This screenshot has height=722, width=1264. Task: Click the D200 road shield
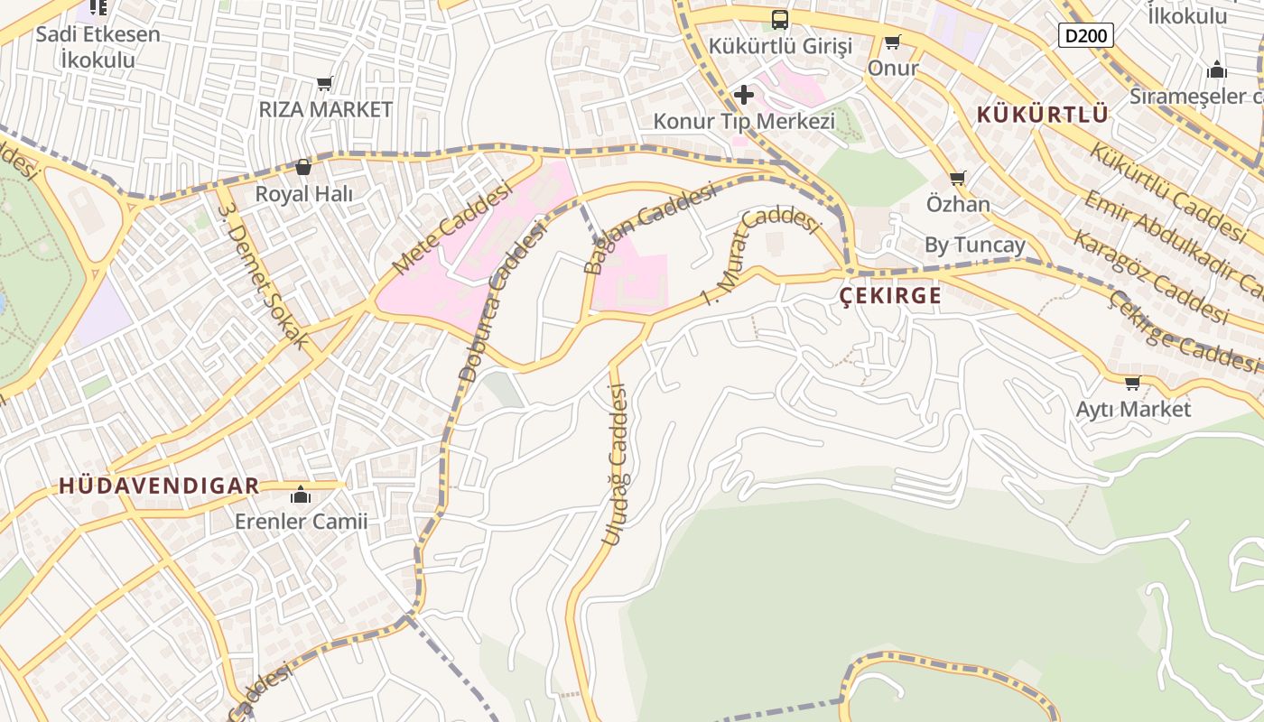[x=1085, y=35]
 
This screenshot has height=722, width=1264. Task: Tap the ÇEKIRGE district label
[x=890, y=295]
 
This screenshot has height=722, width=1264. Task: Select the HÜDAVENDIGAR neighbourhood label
[x=159, y=486]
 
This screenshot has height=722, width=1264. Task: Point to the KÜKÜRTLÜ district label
[x=1042, y=115]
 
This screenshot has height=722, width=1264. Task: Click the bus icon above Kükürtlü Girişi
[x=779, y=19]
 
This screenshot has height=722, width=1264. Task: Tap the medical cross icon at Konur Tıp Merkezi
[x=743, y=94]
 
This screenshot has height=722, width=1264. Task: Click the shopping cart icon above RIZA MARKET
[x=325, y=83]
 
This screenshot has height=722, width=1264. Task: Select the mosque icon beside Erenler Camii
[x=301, y=495]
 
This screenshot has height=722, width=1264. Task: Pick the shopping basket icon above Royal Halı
[x=303, y=167]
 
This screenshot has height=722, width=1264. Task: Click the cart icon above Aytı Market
[x=1132, y=383]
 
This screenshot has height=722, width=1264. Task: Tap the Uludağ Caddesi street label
[x=616, y=464]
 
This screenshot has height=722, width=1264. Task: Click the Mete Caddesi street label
[x=439, y=233]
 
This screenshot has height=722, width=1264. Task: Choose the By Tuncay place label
[x=975, y=245]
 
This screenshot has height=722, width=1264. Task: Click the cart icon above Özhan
[x=957, y=178]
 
